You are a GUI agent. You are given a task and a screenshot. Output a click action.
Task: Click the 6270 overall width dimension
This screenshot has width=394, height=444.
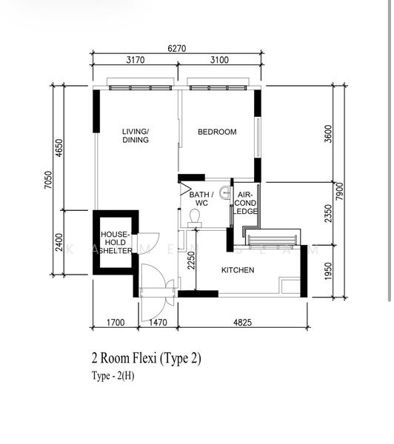177,48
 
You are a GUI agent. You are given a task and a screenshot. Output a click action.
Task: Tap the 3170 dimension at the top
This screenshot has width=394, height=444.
136,61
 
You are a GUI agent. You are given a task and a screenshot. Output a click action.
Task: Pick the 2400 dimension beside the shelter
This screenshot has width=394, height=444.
59,242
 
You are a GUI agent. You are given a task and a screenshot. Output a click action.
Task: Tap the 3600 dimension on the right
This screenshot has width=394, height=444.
328,133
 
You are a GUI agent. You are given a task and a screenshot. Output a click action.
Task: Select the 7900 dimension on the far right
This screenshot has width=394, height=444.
340,192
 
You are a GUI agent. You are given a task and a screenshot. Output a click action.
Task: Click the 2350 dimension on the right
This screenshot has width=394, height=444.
328,212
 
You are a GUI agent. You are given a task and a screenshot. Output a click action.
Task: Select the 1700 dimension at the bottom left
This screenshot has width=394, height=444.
115,323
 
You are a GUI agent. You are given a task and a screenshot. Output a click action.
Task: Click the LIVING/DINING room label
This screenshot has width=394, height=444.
136,135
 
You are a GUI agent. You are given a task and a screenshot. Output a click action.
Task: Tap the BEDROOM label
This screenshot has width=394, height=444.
217,132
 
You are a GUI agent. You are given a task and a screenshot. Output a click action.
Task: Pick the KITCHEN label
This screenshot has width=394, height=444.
238,270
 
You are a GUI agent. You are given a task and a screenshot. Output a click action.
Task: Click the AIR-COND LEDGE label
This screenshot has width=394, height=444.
246,203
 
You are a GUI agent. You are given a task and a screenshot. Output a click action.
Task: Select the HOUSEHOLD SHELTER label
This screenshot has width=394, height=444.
115,242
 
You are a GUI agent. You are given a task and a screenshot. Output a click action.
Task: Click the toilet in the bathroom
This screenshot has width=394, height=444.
196,216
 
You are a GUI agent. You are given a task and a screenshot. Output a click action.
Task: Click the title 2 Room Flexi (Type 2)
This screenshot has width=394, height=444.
146,358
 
